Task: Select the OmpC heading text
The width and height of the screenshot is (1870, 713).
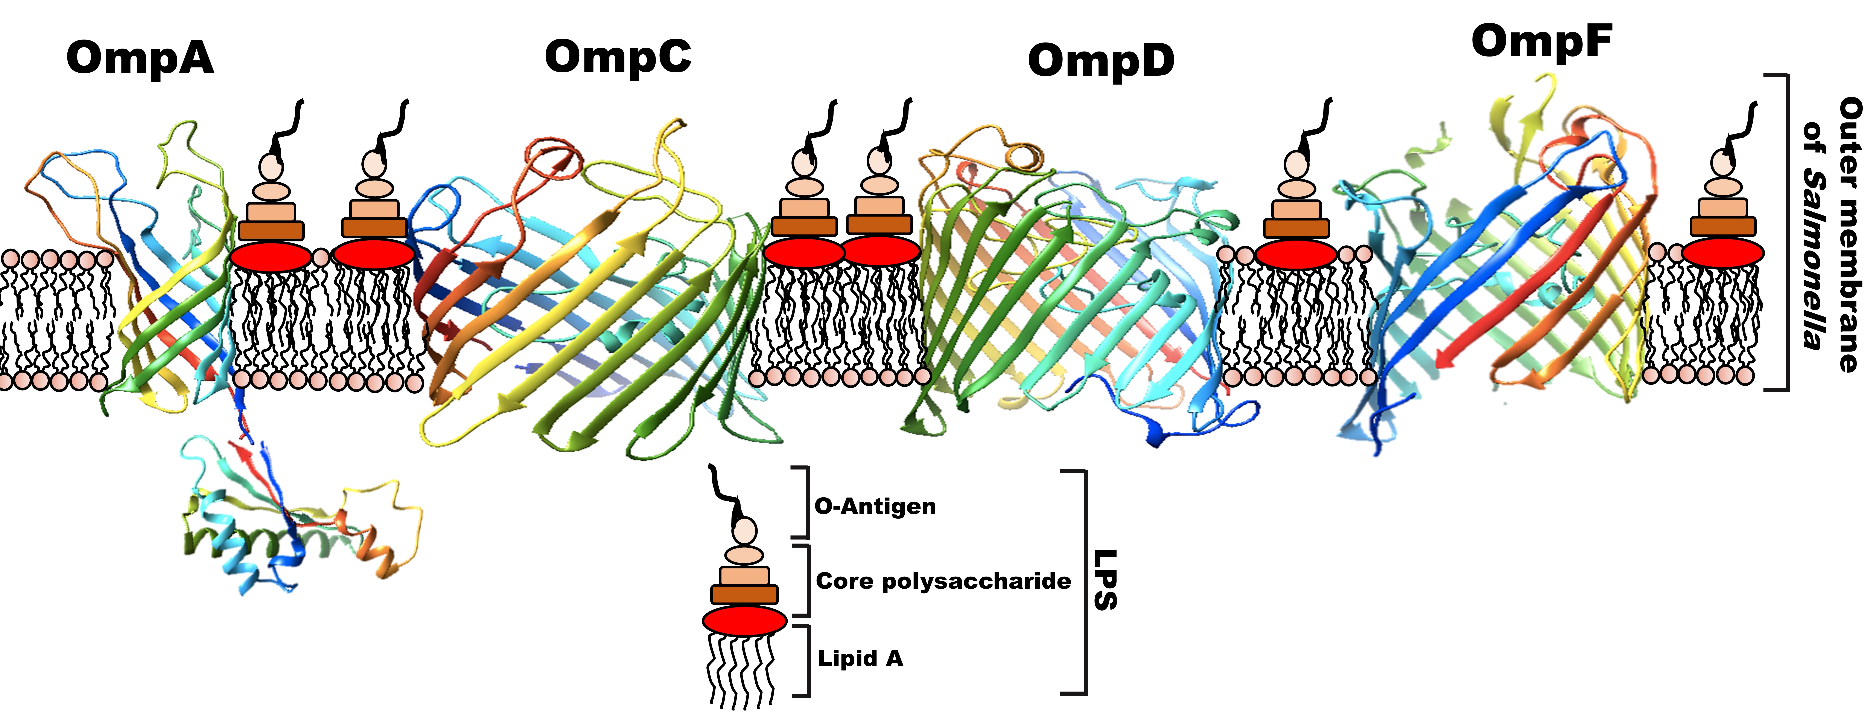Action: coord(618,57)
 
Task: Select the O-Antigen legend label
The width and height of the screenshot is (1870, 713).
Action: coord(875,506)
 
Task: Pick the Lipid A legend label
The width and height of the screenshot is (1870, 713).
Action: coord(860,659)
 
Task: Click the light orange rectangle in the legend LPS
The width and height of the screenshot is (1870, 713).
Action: coord(744,576)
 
